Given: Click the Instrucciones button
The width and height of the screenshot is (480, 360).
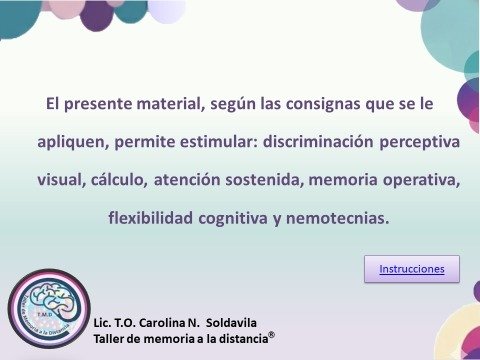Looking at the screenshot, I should (411, 269).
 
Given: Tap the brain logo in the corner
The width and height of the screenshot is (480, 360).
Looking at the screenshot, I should (48, 307).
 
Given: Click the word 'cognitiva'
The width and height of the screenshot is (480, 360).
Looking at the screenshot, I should (233, 217).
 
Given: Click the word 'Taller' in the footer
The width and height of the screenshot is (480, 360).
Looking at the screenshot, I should (110, 339).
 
